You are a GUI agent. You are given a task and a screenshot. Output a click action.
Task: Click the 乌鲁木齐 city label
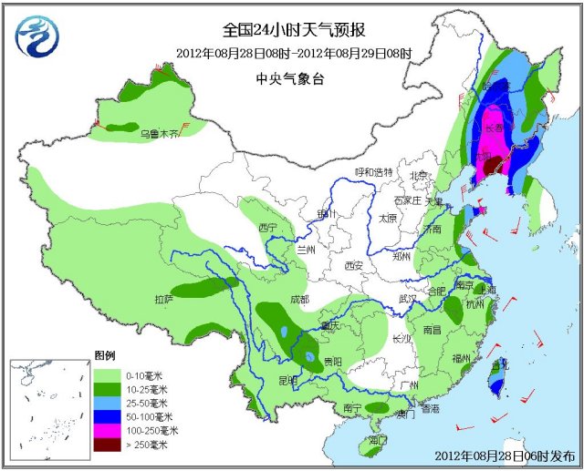pos(158,134)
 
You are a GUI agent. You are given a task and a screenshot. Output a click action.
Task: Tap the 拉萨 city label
pos(163,299)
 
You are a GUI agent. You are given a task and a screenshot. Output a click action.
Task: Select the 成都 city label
pos(300,299)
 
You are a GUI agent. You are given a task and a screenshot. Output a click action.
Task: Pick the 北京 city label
pos(419,176)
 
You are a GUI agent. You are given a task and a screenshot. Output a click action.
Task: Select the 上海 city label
pos(487,290)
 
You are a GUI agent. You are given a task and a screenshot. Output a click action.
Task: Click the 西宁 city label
pos(267,226)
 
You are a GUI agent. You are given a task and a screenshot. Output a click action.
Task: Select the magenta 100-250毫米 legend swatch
pos(107,430)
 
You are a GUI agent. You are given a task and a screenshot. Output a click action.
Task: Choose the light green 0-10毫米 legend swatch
pos(107,375)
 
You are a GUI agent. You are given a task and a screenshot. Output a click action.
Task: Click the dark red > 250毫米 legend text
pos(147,444)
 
